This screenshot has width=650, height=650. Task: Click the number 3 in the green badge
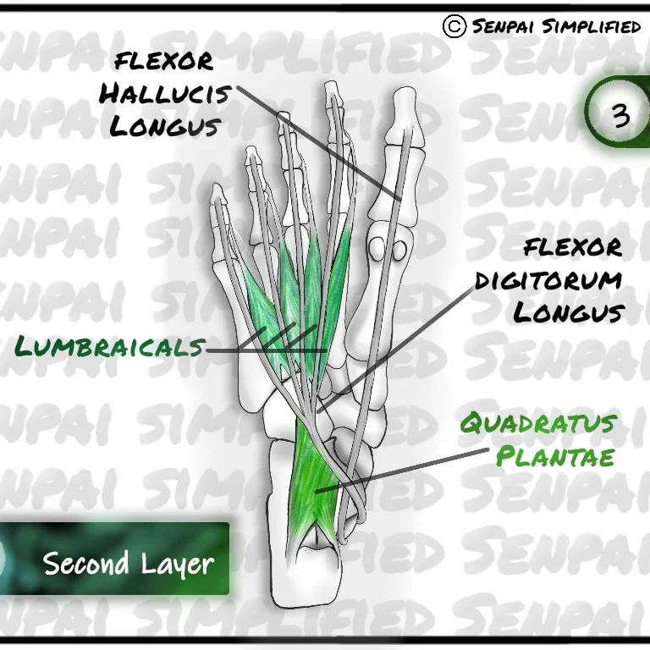point(621,114)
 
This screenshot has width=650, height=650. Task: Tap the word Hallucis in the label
point(164,93)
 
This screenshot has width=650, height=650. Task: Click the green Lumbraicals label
point(110,346)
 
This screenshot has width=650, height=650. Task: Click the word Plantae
point(555,457)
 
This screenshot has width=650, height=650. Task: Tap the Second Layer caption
point(128,563)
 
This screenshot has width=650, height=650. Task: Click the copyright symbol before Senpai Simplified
point(454,26)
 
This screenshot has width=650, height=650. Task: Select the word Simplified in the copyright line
point(591,27)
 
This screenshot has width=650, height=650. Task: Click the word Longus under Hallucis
point(166,126)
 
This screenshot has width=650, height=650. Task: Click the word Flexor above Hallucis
point(164,61)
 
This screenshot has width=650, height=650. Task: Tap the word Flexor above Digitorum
point(572,248)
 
